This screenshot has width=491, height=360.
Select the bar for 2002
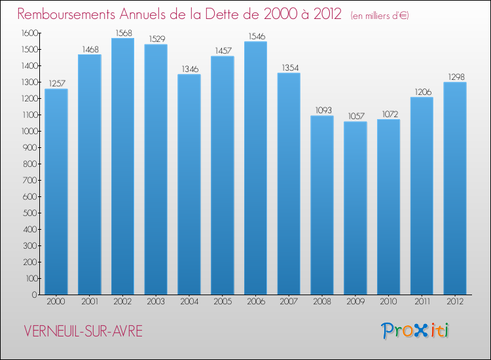(122, 167)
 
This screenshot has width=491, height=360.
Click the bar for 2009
(355, 208)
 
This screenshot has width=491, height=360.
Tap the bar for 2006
(255, 168)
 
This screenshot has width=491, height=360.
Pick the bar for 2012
(455, 189)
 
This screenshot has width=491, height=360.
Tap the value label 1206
(422, 92)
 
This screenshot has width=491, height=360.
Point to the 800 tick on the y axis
(29, 164)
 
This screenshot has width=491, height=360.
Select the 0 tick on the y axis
(33, 295)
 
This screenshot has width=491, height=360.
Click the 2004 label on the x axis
(189, 302)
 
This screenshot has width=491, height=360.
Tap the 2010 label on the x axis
(388, 302)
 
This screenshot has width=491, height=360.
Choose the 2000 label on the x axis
(56, 302)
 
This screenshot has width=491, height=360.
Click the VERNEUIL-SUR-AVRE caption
(83, 331)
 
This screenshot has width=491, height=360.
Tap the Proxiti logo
(416, 331)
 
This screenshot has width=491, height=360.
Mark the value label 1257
(56, 84)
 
